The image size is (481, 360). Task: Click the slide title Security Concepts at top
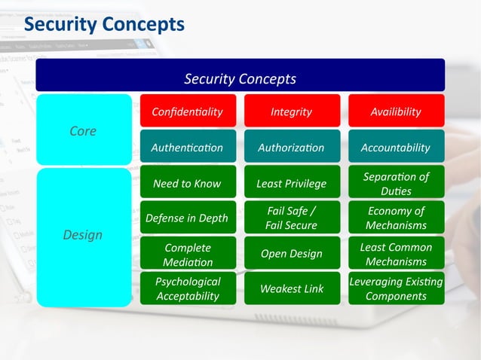(x=104, y=24)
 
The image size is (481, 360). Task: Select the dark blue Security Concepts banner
(x=240, y=78)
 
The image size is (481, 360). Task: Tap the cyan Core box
(x=83, y=130)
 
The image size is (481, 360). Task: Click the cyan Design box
(x=83, y=236)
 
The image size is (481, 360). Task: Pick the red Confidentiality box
(x=188, y=111)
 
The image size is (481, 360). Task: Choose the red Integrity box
(x=291, y=111)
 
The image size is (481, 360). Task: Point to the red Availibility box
(x=396, y=111)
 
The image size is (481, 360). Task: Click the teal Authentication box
(x=188, y=147)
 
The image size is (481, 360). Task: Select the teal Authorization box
(x=291, y=147)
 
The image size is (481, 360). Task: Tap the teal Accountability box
(x=396, y=147)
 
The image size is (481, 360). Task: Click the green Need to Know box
(x=188, y=183)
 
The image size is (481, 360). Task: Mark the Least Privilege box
(x=291, y=183)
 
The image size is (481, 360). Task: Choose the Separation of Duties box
(x=396, y=183)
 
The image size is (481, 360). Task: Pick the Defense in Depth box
(x=188, y=218)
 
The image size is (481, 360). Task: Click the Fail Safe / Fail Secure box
(x=291, y=218)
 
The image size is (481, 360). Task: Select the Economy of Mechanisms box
(x=396, y=218)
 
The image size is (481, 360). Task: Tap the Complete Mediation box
(x=188, y=254)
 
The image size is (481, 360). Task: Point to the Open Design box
(x=291, y=254)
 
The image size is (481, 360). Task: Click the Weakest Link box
(x=291, y=288)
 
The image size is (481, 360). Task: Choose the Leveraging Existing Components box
(x=396, y=288)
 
